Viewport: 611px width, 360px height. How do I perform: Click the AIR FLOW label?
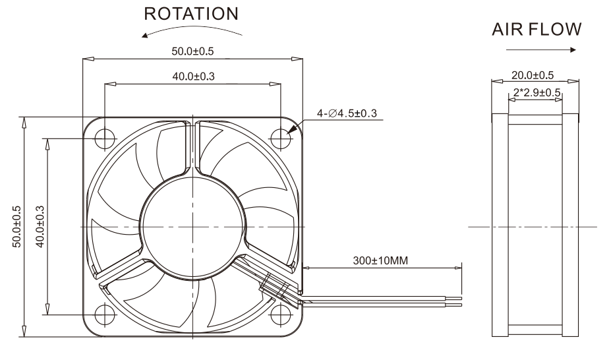coord(536,29)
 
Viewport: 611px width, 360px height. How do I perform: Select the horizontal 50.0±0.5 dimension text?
coord(193,51)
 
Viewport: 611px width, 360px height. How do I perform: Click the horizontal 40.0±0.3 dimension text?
coord(193,76)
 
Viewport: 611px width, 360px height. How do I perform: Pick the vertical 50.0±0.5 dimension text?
coord(17,227)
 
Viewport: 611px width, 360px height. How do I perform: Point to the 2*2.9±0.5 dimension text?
coord(537,93)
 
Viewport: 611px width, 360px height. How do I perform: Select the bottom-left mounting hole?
coord(105,315)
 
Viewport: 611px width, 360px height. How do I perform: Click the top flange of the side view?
coord(535,119)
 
